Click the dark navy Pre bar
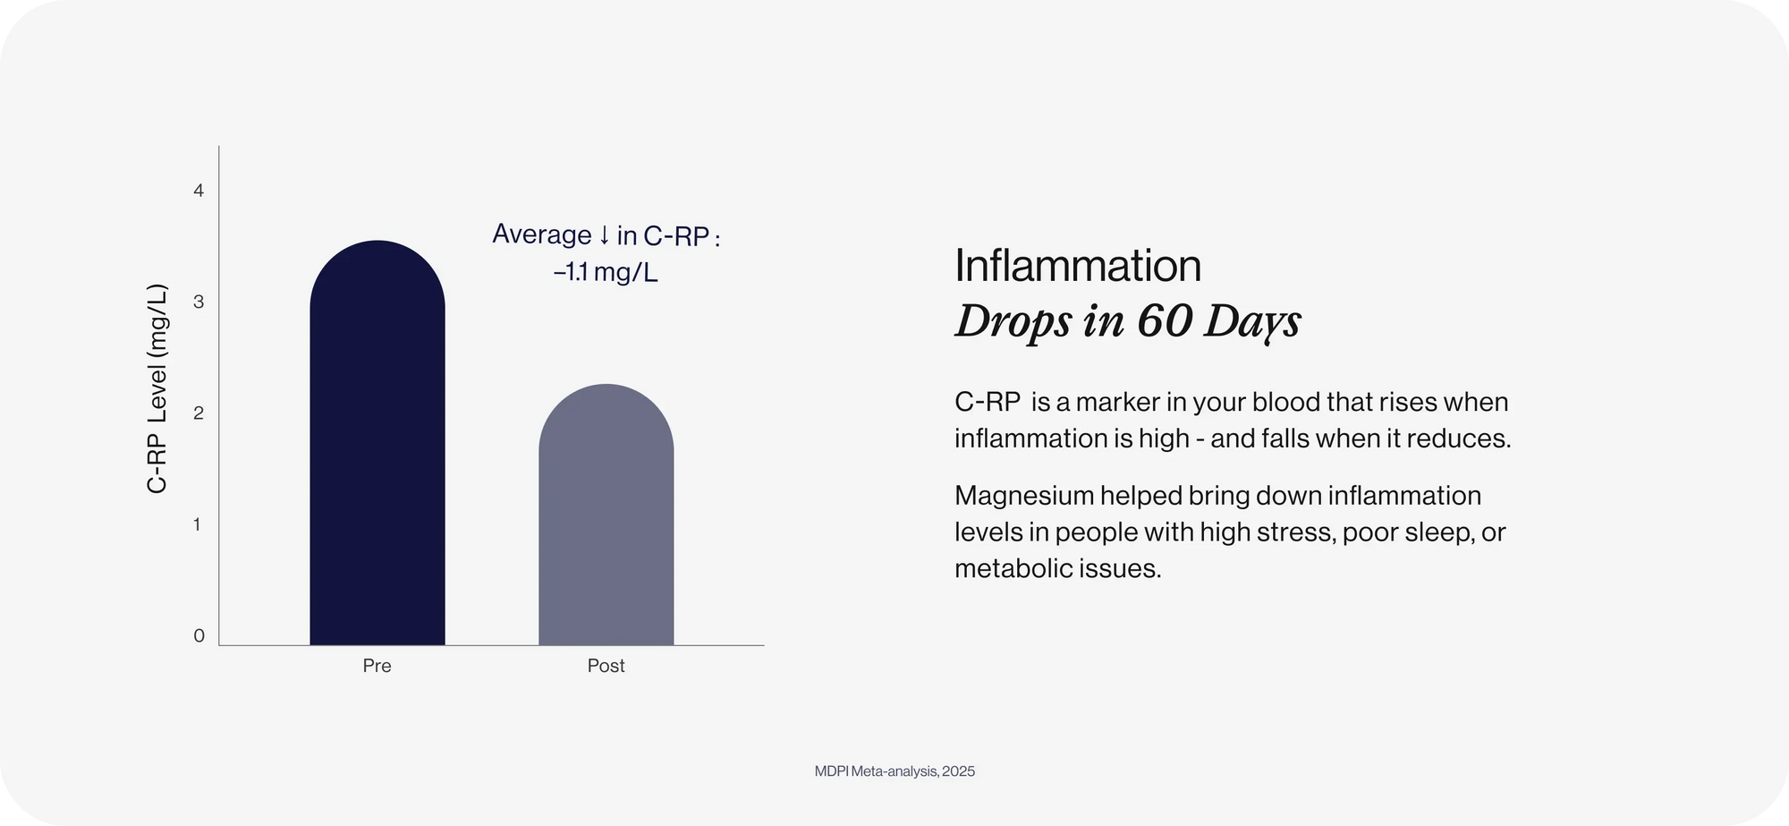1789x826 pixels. pos(377,443)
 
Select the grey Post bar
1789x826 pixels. pos(606,515)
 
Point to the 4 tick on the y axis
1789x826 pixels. pos(199,191)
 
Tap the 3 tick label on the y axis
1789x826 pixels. pos(199,302)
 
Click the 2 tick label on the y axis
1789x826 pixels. pos(199,413)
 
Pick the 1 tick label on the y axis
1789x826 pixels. pos(198,524)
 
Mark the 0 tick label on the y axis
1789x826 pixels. pos(199,636)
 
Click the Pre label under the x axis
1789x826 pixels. pos(377,666)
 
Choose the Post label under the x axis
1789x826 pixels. pos(606,666)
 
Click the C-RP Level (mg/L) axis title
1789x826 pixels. pos(157,388)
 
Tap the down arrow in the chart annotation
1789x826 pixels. pos(604,235)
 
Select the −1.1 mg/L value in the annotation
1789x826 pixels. pos(606,272)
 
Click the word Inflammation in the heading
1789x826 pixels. pos(1078,266)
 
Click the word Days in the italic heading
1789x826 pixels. pos(1252,322)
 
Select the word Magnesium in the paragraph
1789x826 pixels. pos(1024,497)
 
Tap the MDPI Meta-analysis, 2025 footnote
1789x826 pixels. pos(894,771)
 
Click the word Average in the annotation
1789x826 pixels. pos(542,234)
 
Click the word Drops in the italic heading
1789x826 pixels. pos(1013,322)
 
